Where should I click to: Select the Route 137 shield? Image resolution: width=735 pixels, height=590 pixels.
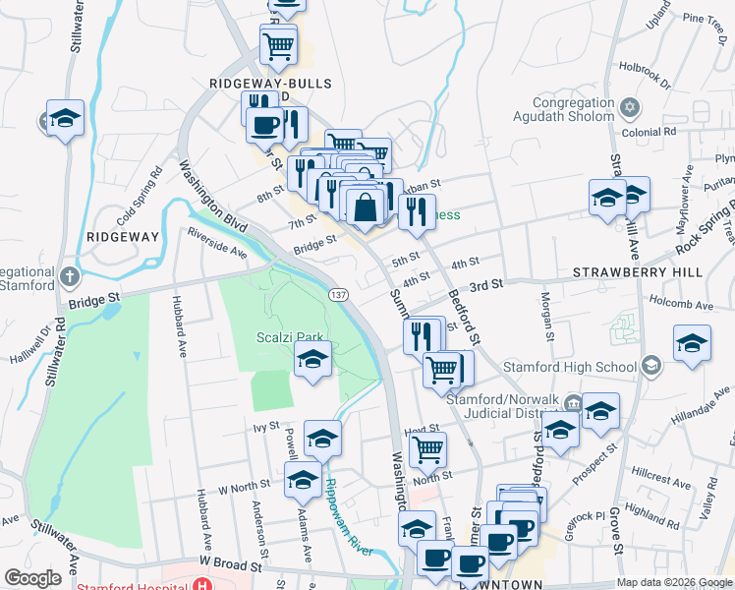click(338, 296)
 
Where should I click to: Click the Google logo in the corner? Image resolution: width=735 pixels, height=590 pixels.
click(32, 578)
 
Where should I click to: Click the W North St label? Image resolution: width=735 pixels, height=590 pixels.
click(244, 488)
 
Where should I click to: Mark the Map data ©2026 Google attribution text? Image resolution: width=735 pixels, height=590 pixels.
click(674, 582)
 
